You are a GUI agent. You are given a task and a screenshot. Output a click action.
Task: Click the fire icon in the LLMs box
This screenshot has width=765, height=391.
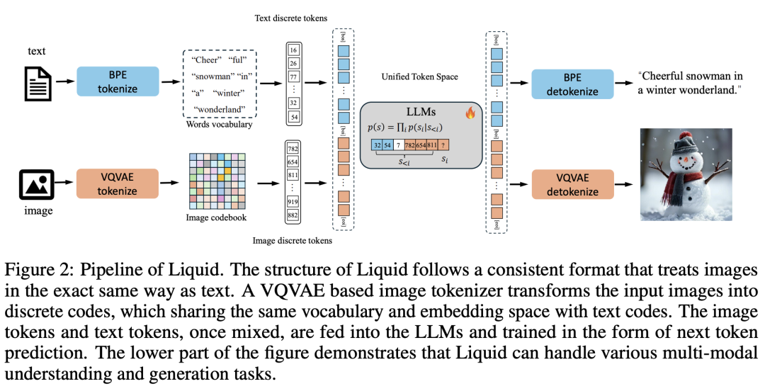click(x=469, y=112)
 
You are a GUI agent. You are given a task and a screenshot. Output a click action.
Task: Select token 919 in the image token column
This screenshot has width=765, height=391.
click(x=293, y=200)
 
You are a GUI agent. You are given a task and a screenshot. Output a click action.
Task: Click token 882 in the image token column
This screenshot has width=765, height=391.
click(x=293, y=214)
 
